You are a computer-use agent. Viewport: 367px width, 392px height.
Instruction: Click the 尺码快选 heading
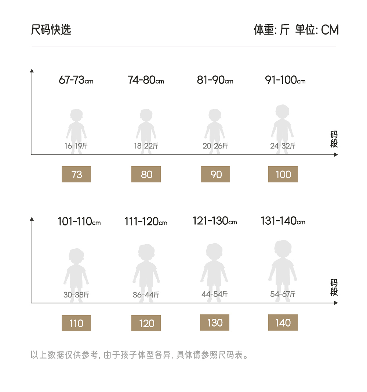tap(51, 30)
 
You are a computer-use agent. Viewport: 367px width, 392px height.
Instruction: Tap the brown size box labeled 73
tap(76, 174)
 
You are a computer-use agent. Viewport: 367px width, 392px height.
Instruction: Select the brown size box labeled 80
tap(146, 174)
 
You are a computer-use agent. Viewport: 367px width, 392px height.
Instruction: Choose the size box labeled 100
tap(283, 174)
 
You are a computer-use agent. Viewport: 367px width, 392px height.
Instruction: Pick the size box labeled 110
tap(76, 323)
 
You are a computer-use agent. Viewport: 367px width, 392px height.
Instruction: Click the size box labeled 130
tap(215, 322)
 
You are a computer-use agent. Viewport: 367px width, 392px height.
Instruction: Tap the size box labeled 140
tap(283, 322)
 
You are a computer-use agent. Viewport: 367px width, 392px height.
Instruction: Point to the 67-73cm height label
tap(76, 80)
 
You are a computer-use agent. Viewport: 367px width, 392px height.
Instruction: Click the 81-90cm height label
tap(215, 80)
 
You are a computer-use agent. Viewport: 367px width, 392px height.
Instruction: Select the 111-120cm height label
tap(146, 222)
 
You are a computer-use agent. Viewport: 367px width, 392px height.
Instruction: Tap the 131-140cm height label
tap(283, 221)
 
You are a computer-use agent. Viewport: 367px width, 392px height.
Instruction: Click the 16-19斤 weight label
tap(76, 146)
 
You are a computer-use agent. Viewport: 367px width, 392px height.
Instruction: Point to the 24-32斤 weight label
tap(283, 146)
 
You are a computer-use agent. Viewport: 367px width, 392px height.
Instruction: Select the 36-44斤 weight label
tap(146, 295)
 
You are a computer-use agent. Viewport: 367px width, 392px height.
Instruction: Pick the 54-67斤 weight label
tap(283, 294)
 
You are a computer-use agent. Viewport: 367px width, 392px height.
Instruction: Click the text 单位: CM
tap(317, 30)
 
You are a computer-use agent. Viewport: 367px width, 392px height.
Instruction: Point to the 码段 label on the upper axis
tap(334, 139)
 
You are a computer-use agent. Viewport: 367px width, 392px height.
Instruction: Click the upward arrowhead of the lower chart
tap(32, 219)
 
